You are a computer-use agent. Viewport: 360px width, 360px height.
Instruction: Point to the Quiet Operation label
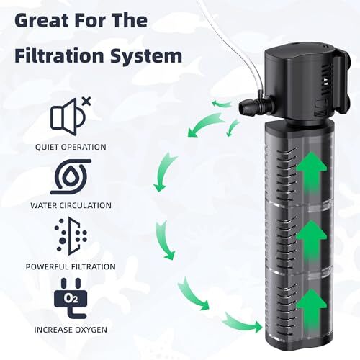click(71, 147)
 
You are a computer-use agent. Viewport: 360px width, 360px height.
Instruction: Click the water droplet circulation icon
click(71, 176)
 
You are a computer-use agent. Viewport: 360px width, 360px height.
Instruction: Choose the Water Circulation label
click(71, 205)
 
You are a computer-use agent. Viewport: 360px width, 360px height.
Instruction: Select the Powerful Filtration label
click(71, 266)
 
